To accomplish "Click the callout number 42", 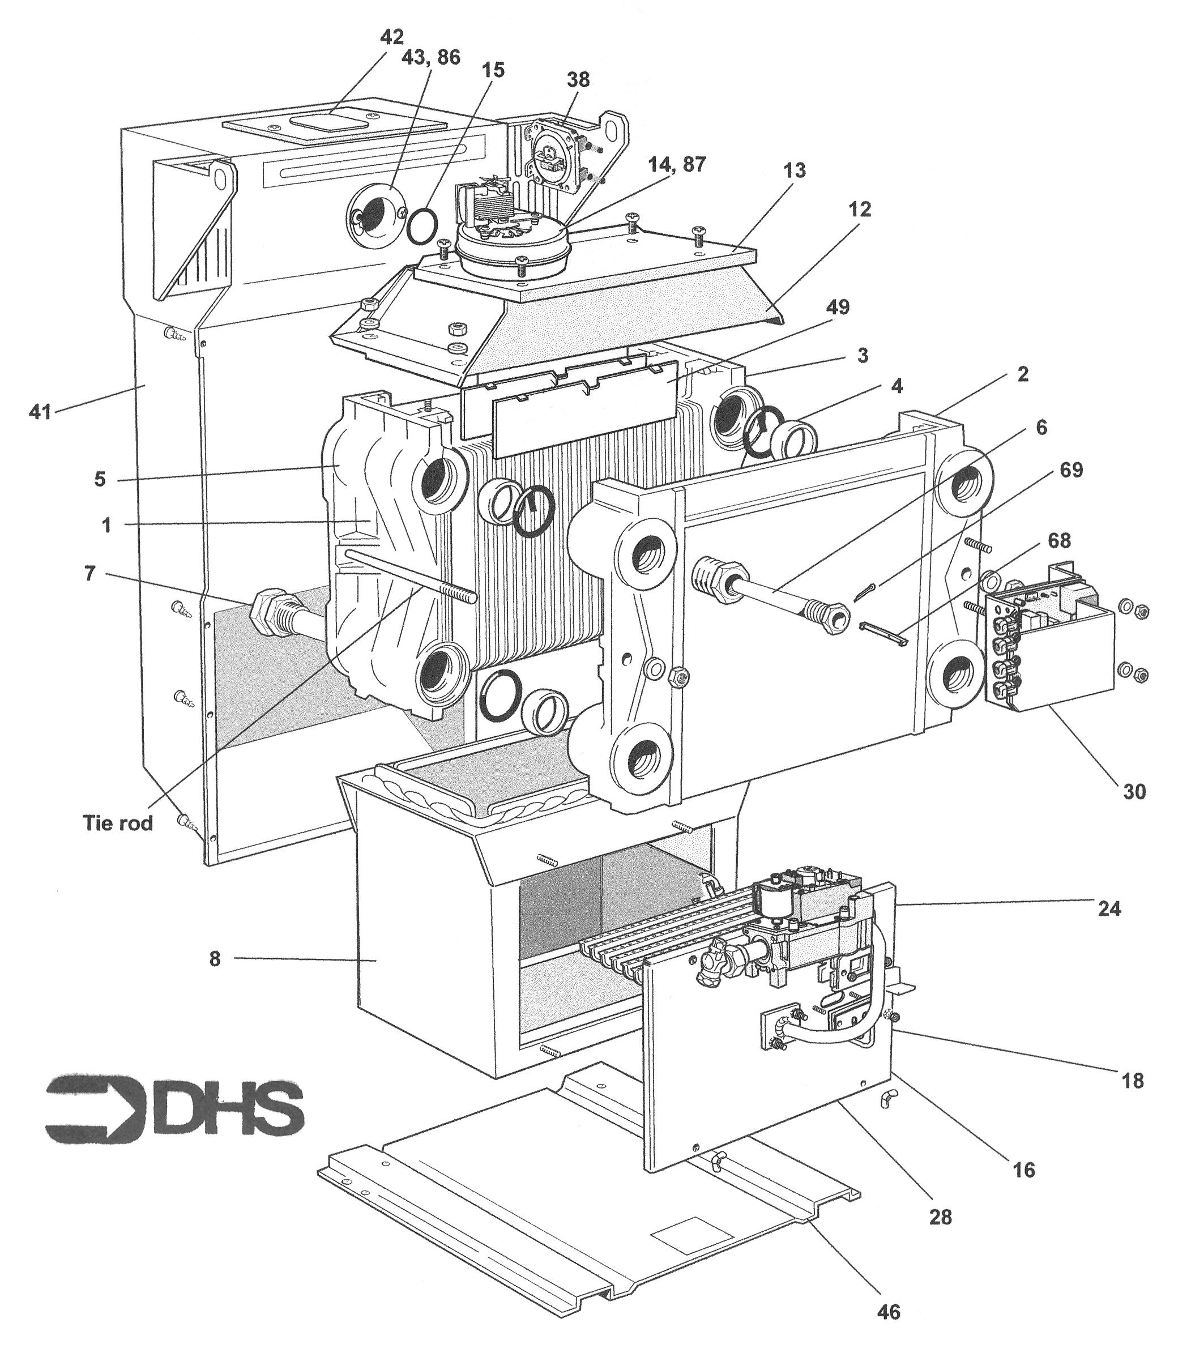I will click(x=392, y=36).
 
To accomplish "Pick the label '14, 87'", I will click(x=677, y=164).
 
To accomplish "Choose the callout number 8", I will click(x=215, y=959).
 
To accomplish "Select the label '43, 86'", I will click(x=430, y=57).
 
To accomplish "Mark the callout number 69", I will click(x=1070, y=470).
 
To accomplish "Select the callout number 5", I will click(x=100, y=479).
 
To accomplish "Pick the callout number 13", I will click(x=794, y=170).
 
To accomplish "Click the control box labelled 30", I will click(x=1049, y=651).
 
